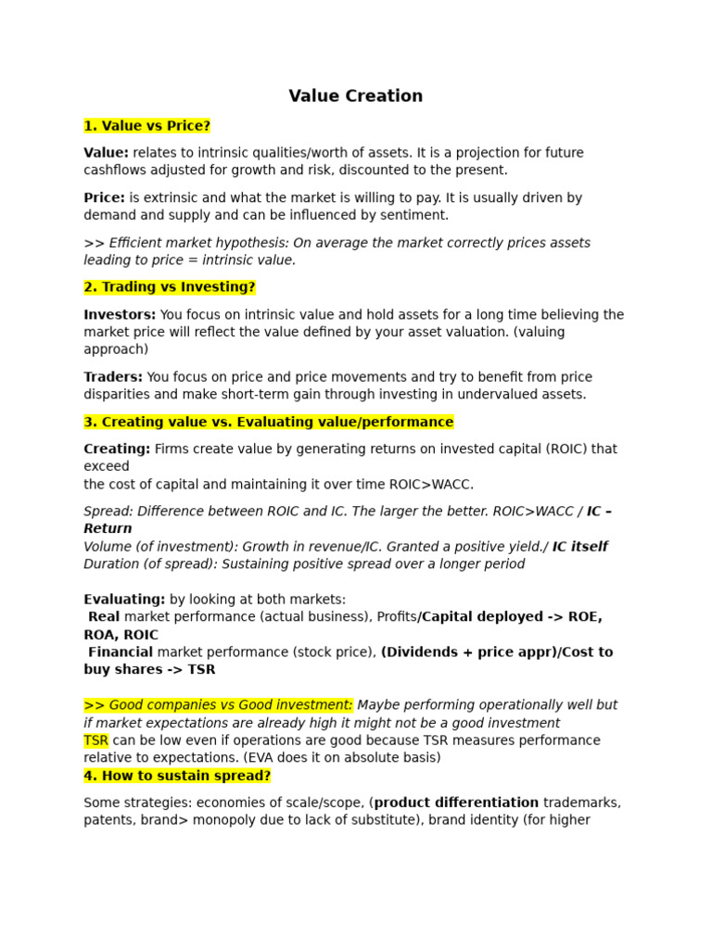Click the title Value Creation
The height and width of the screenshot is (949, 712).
click(355, 96)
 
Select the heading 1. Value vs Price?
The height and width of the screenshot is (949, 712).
click(147, 126)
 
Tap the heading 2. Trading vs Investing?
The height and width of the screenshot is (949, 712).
click(170, 287)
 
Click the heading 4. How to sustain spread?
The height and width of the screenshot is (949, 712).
click(177, 776)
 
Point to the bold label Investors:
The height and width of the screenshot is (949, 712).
click(120, 315)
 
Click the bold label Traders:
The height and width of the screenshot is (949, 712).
click(113, 377)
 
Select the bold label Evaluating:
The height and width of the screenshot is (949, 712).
click(124, 600)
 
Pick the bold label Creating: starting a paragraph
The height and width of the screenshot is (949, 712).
click(117, 449)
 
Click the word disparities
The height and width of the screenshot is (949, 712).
click(115, 395)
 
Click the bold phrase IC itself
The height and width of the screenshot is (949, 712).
click(579, 547)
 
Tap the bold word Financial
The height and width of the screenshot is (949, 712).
click(121, 652)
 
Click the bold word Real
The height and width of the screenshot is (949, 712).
click(104, 617)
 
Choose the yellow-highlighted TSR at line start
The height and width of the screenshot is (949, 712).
click(95, 740)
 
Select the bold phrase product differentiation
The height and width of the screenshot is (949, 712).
click(456, 803)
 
